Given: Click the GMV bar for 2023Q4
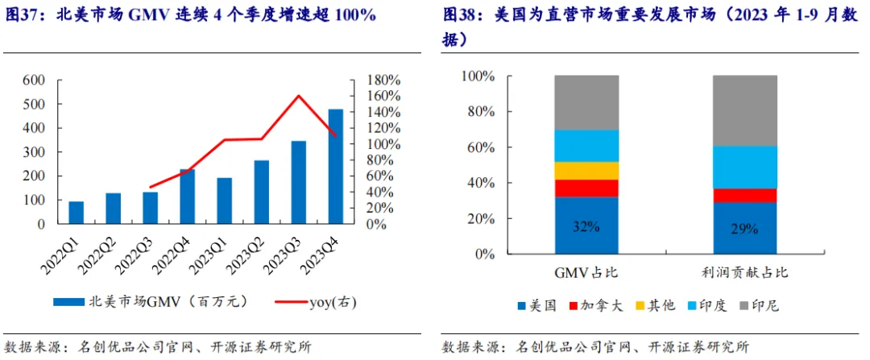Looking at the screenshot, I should [x=335, y=167].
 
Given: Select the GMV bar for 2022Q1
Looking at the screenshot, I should [x=76, y=213].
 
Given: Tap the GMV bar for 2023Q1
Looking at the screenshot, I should [x=224, y=201].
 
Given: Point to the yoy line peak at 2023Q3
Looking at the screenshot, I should [x=299, y=96].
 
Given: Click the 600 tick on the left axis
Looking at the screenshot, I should [x=33, y=81].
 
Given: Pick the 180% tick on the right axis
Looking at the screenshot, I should [x=383, y=81].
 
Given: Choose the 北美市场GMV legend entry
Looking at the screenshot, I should [x=153, y=302].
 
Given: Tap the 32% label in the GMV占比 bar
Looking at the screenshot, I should [x=586, y=227].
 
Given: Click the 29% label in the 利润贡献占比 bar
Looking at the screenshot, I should [x=744, y=230].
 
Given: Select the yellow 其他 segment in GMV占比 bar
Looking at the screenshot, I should [x=586, y=171].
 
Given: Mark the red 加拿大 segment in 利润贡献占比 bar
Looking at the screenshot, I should [x=744, y=196].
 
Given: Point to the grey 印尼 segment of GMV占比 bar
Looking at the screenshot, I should [x=586, y=102].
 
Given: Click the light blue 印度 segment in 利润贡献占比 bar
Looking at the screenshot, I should [x=744, y=167].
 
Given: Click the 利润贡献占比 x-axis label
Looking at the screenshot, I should [x=744, y=272].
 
